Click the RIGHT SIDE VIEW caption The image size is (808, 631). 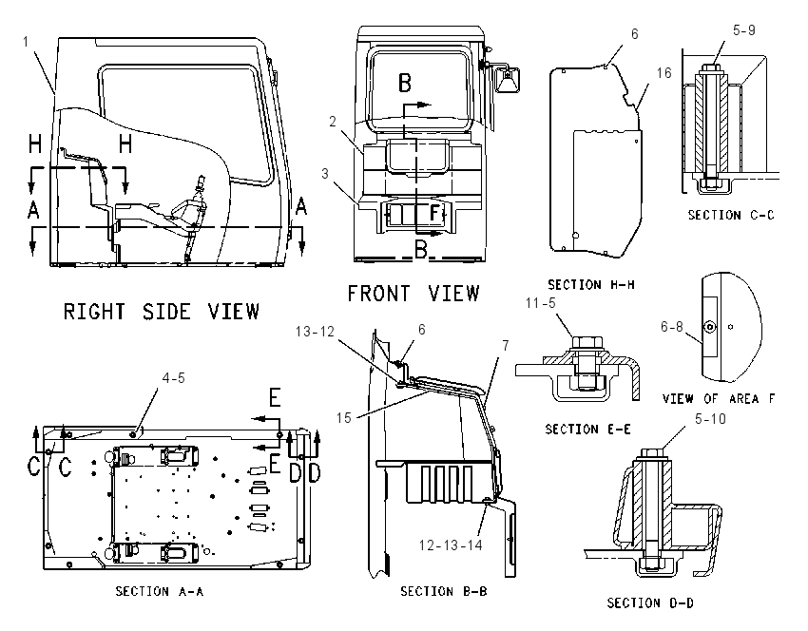coord(162,312)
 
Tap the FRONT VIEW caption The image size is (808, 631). coord(414,294)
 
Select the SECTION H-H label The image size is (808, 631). coord(591,285)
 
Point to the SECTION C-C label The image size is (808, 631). coord(731,215)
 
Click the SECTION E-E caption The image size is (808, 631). coord(588,430)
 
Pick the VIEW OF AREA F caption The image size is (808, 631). coord(719,399)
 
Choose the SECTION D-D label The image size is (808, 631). coord(650,602)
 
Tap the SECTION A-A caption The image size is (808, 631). coord(160,591)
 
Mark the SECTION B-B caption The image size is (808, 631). coord(444,591)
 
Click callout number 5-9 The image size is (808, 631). coord(744,30)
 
